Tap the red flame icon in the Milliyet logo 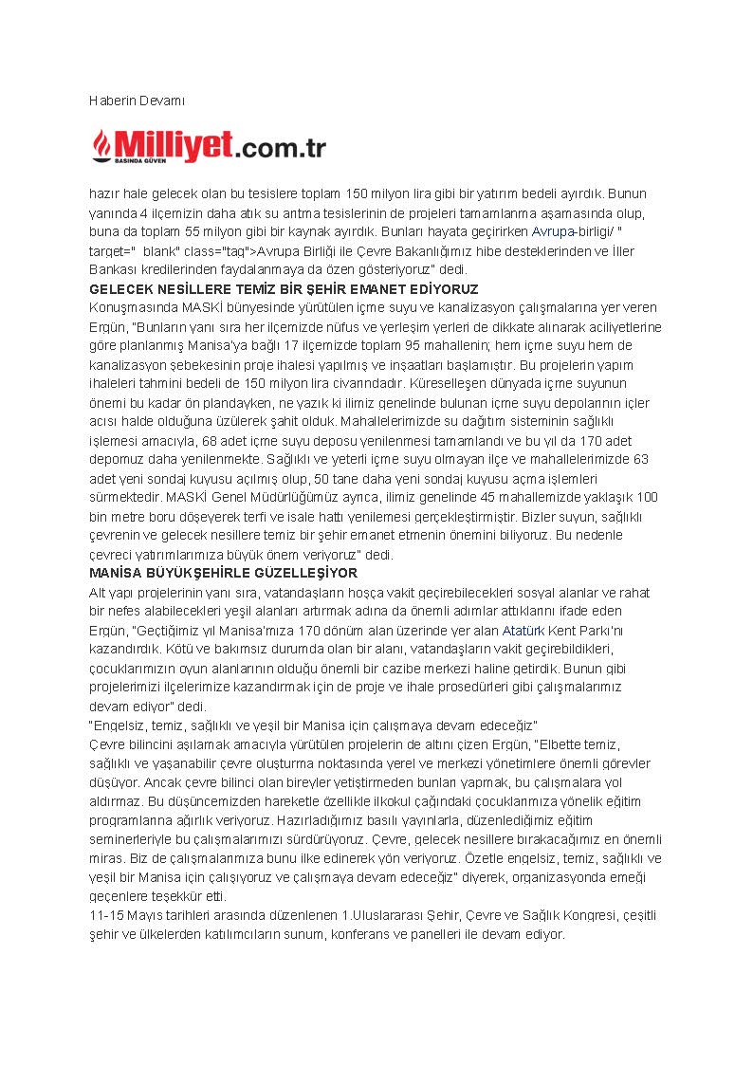pos(101,145)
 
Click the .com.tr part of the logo pos(281,148)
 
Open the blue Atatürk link pos(523,630)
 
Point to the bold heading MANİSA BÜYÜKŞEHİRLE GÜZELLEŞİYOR pos(223,574)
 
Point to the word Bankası pos(113,270)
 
